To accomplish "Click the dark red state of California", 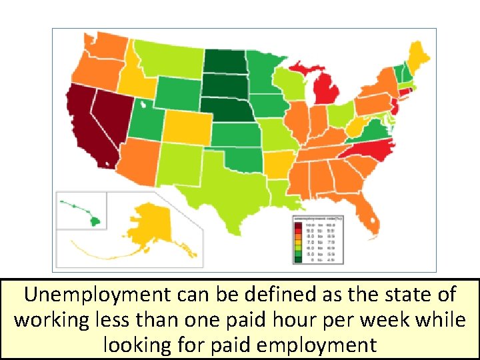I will pyautogui.click(x=83, y=127).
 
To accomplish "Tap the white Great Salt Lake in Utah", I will pyautogui.click(x=143, y=104).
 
